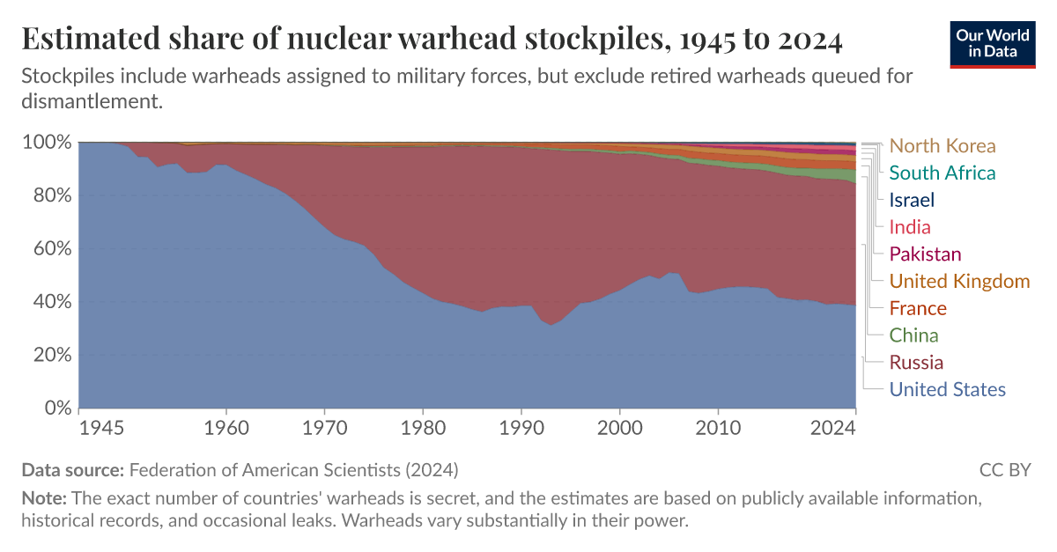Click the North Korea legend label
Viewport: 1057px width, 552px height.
(x=942, y=146)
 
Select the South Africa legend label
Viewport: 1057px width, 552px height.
(x=942, y=173)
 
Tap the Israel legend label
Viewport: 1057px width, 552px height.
(x=912, y=200)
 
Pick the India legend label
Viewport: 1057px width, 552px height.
(x=910, y=227)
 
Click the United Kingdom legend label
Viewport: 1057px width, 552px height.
(x=959, y=282)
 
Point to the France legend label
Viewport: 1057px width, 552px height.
(x=918, y=308)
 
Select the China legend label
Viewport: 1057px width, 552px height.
(x=913, y=335)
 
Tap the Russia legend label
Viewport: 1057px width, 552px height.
(x=916, y=363)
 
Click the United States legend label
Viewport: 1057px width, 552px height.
(x=947, y=389)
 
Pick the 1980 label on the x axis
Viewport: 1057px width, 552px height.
(x=423, y=428)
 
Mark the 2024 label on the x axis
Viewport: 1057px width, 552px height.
(x=833, y=428)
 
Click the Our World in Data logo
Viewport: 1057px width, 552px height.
(x=993, y=43)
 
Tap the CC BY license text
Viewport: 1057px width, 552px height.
(x=1004, y=469)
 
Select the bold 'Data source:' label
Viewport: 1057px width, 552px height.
(x=73, y=469)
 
